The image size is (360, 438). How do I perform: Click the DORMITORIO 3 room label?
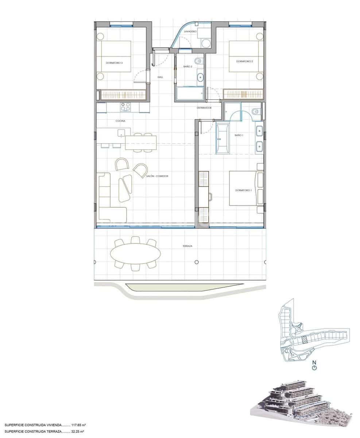(114, 63)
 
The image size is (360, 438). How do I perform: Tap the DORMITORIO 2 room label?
(244, 61)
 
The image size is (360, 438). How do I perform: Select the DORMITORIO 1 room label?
(243, 191)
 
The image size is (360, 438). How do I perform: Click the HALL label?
(160, 77)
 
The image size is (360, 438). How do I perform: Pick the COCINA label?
(121, 120)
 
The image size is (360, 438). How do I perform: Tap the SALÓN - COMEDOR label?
(158, 176)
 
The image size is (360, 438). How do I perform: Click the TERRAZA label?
(187, 246)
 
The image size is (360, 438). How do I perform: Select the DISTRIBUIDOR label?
(204, 108)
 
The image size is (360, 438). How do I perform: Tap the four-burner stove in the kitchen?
(125, 107)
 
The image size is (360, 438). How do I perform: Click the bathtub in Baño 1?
(222, 139)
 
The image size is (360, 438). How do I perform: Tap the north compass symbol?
(314, 366)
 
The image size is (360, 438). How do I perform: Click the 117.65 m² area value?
(78, 425)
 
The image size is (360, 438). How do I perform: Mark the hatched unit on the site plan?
(304, 339)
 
